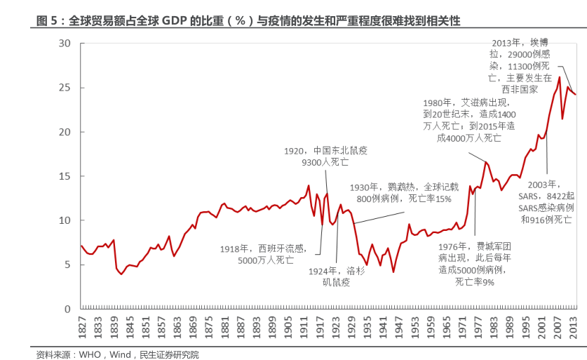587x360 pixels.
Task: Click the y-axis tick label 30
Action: point(65,44)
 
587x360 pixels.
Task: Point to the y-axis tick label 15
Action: point(65,176)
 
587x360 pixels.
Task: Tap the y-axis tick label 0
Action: point(67,309)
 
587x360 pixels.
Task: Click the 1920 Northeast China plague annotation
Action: point(325,156)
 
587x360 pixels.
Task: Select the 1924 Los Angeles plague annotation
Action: point(335,276)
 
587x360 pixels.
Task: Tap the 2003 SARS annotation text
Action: point(547,202)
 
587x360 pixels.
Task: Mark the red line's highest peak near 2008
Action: point(559,77)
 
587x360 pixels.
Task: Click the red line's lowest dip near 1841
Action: point(121,274)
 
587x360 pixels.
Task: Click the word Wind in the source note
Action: point(121,354)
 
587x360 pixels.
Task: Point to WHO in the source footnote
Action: point(90,354)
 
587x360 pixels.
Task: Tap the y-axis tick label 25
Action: point(65,88)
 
